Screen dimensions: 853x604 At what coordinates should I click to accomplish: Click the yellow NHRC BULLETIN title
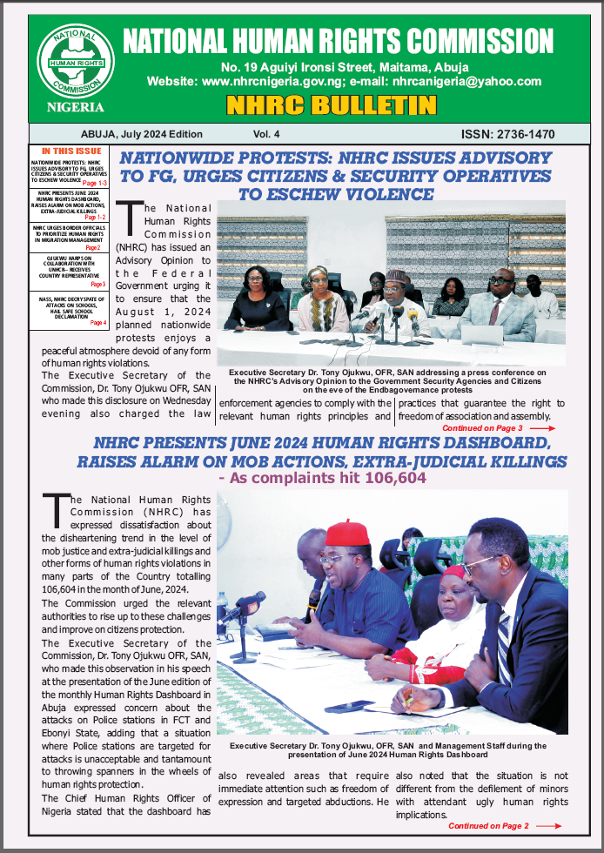click(x=331, y=106)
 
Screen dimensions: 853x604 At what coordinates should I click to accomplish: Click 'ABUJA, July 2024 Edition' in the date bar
click(x=141, y=135)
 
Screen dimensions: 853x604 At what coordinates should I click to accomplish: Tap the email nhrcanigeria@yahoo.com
click(x=467, y=81)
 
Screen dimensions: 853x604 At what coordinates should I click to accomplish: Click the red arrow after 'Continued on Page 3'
click(x=541, y=429)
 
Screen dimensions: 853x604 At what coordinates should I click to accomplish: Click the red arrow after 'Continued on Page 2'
click(x=548, y=826)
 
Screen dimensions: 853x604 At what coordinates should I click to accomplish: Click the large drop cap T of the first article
click(x=129, y=213)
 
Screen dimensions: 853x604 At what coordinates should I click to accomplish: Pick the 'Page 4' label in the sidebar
click(x=98, y=323)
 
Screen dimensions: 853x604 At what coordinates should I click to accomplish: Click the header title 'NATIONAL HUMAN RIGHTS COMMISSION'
click(x=338, y=40)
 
